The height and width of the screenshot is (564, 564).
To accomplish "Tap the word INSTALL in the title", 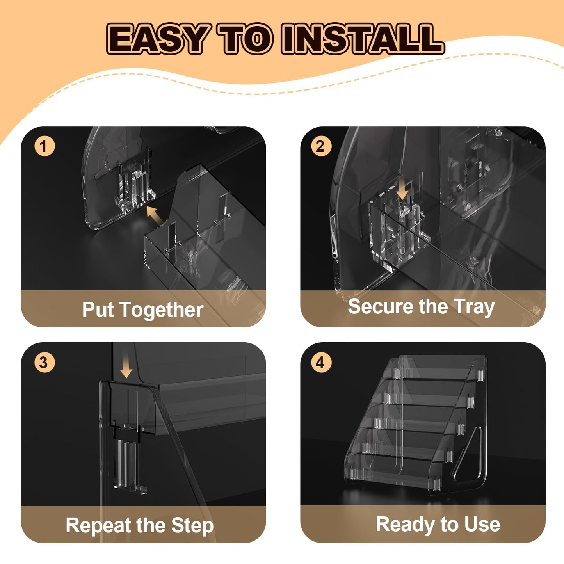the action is click(362, 39).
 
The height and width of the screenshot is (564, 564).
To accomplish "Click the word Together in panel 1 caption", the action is click(162, 310).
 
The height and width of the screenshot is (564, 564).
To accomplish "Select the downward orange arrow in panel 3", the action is click(126, 365).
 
